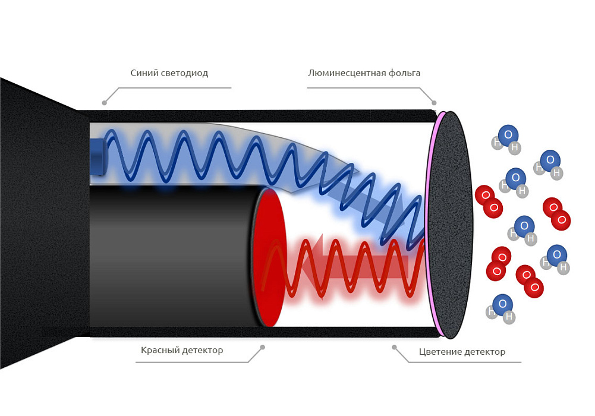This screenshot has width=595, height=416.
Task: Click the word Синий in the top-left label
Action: tap(144, 73)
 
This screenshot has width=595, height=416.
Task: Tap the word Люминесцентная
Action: tap(344, 73)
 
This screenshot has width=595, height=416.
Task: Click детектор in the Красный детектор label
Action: tap(202, 350)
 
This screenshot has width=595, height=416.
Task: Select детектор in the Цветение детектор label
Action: tap(483, 352)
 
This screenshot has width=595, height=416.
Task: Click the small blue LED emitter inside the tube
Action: tap(97, 157)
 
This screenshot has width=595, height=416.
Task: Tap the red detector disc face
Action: tap(270, 257)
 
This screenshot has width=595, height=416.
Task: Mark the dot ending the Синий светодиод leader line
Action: tap(105, 103)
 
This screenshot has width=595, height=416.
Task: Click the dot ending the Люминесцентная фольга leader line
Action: tap(434, 103)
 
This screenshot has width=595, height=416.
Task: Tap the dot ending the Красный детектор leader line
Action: tap(263, 347)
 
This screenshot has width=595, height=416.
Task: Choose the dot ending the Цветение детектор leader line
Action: tap(394, 347)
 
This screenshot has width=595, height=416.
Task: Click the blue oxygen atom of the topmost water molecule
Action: tap(508, 134)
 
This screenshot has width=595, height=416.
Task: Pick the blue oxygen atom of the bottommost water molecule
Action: tap(503, 304)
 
